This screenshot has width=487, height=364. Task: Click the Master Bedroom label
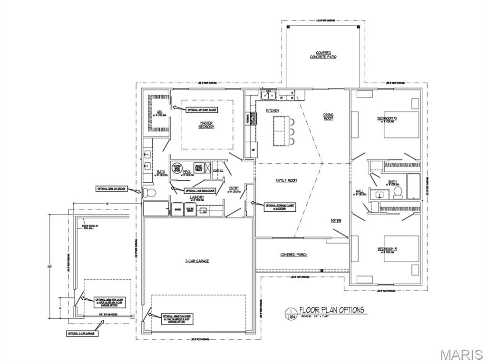coord(206,125)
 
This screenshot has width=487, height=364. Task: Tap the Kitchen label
coord(273,110)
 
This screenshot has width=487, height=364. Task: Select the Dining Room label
coord(329,117)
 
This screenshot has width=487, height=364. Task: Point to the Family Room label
coord(286,180)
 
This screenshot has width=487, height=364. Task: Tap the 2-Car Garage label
coord(197,261)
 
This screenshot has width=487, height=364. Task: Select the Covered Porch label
coord(294,255)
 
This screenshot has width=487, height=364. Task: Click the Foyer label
coord(336,221)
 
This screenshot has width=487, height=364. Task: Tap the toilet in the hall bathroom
coord(398,192)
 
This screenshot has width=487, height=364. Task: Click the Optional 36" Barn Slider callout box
coord(202,109)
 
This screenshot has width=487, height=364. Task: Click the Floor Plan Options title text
coord(331,310)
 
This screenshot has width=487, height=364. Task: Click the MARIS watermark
coord(461,354)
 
